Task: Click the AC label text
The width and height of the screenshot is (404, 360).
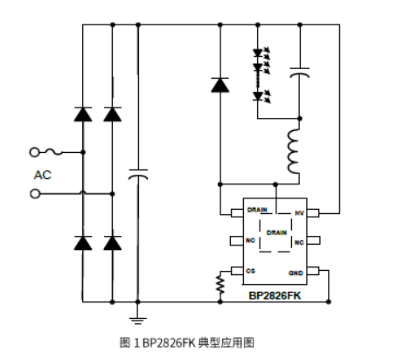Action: tap(43, 175)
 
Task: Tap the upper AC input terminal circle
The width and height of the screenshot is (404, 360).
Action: tap(36, 151)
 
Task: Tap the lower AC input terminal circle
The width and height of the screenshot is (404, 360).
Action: tap(36, 193)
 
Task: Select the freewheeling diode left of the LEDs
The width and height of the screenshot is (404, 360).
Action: tap(219, 86)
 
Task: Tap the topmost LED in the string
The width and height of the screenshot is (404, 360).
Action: tap(259, 52)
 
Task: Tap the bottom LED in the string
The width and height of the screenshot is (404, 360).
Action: tap(259, 94)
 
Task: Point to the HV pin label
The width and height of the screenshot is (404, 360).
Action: tap(298, 212)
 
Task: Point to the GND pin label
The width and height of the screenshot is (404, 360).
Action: tap(297, 272)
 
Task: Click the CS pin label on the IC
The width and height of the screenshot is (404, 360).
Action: tap(251, 272)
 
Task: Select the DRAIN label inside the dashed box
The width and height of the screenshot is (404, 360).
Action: tap(275, 233)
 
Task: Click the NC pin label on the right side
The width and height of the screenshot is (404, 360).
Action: tap(298, 242)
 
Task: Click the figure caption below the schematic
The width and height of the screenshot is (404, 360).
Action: tap(187, 342)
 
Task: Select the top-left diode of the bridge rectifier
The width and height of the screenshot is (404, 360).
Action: tap(83, 114)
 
